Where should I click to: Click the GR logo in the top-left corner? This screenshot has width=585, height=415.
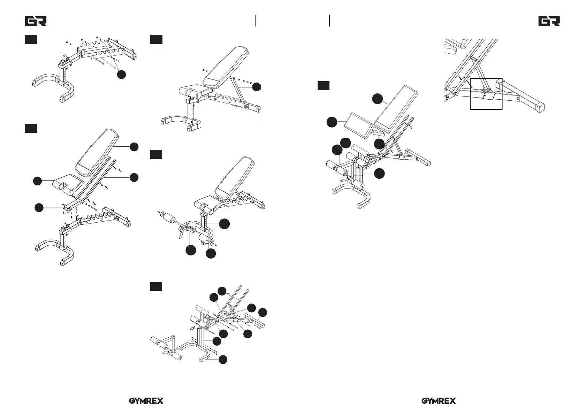tap(36, 21)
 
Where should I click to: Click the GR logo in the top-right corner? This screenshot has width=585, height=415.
tap(549, 21)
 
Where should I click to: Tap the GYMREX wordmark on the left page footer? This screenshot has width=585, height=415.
tap(146, 401)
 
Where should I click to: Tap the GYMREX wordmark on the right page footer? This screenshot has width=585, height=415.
tap(439, 401)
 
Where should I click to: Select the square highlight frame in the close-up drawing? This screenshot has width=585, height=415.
tap(486, 94)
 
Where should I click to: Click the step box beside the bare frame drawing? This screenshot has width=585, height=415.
tap(31, 39)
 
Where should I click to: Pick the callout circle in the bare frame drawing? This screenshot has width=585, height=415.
tap(121, 74)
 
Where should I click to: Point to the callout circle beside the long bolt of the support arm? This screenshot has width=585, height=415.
tap(257, 87)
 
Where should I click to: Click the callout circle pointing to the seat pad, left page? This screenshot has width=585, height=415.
tap(37, 181)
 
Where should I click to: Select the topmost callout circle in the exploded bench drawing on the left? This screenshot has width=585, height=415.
tap(134, 147)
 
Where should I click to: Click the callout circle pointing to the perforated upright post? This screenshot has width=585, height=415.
tap(225, 224)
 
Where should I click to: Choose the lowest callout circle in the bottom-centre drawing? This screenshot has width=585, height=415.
tap(223, 359)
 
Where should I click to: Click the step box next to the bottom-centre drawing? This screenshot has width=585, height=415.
tap(156, 286)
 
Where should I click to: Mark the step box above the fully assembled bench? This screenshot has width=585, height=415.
tap(324, 85)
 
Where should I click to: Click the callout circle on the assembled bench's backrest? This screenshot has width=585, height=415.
tap(377, 99)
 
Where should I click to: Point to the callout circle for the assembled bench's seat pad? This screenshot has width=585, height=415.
tap(332, 122)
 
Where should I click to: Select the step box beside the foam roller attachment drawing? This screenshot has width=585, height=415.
tap(156, 154)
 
